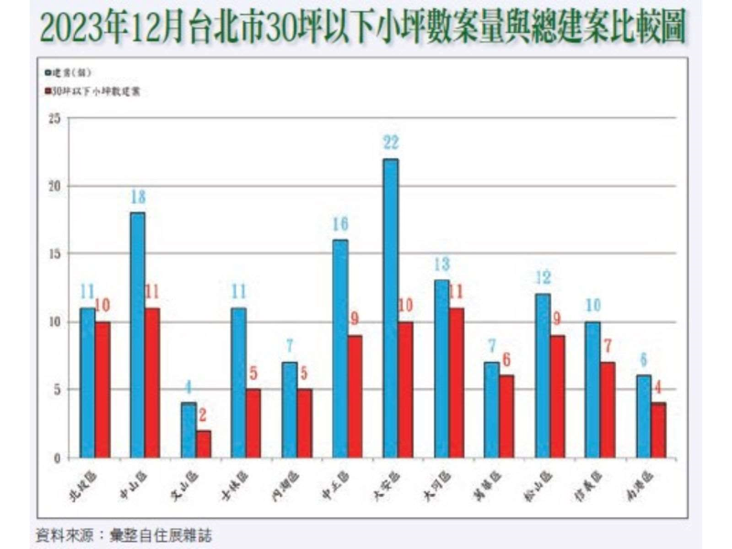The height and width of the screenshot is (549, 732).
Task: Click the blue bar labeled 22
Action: tap(391, 308)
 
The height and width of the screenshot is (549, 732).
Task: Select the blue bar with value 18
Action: tap(137, 335)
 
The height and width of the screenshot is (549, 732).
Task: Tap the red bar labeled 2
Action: tap(203, 444)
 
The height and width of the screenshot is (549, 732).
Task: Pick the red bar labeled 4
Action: tap(658, 430)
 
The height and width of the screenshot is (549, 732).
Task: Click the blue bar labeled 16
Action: tap(340, 349)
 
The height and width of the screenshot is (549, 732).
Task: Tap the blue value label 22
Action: tap(391, 143)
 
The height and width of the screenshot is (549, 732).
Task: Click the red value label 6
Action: tap(506, 361)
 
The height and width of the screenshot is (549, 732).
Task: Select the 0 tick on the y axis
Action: tap(57, 457)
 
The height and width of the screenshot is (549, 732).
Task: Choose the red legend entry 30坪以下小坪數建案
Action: tap(95, 91)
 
